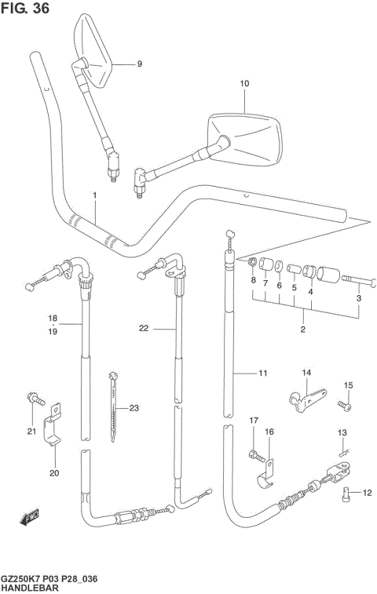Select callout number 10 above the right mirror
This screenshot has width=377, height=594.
243,82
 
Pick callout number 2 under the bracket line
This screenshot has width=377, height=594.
302,330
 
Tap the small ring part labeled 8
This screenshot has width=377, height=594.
252,262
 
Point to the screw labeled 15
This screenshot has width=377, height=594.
345,405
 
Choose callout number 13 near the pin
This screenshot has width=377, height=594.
342,432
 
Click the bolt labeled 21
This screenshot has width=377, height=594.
34,399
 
